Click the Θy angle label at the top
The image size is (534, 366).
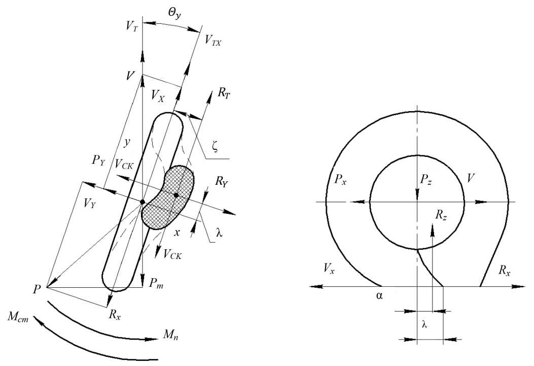(x=173, y=14)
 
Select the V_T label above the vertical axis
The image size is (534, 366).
(x=132, y=26)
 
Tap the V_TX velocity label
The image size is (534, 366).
(x=213, y=41)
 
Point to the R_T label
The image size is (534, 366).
(x=224, y=93)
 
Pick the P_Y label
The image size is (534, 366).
(x=98, y=160)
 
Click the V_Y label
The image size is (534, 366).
(x=90, y=204)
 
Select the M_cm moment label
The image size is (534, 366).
(x=18, y=319)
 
